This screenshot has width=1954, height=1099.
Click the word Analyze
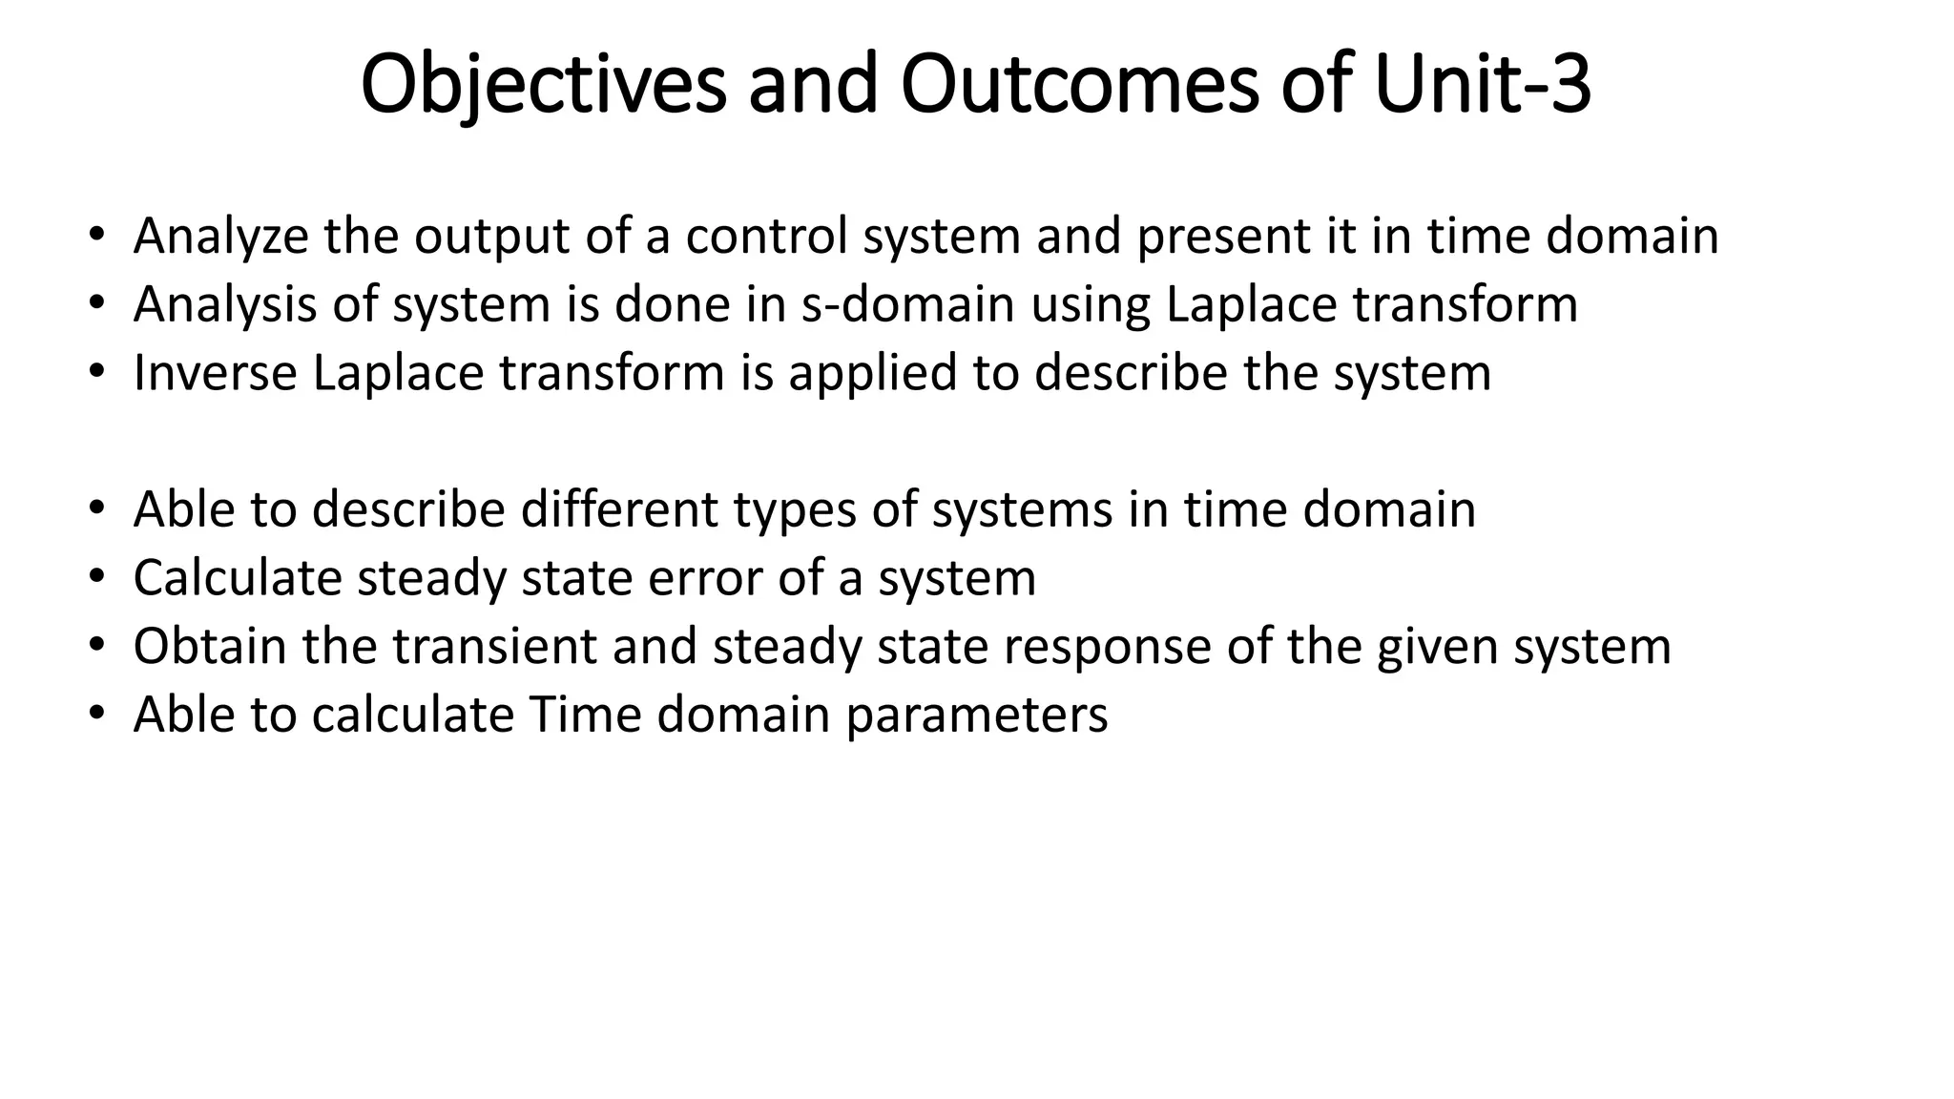coord(220,237)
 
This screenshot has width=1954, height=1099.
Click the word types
coord(795,509)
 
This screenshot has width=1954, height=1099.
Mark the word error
coord(704,578)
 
